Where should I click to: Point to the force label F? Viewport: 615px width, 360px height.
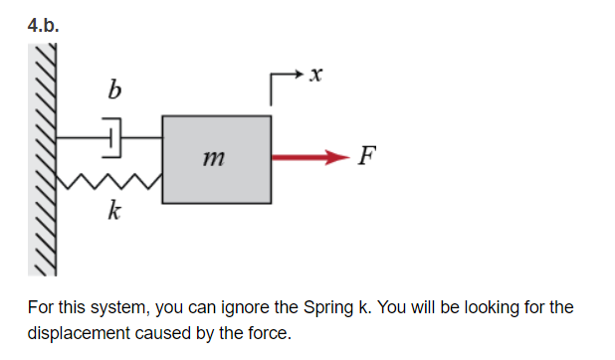point(368,156)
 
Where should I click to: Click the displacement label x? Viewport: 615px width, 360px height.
point(316,73)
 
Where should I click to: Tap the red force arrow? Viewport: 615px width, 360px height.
point(309,157)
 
